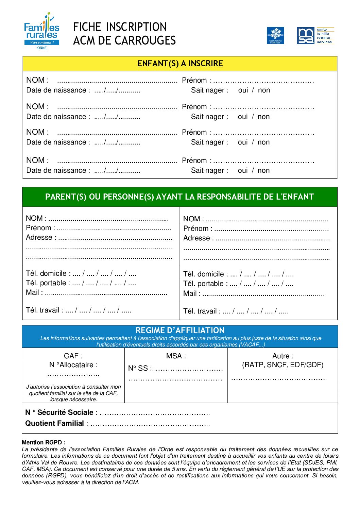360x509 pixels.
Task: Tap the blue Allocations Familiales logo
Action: click(x=275, y=36)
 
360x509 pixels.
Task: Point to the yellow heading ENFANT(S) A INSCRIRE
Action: click(x=180, y=64)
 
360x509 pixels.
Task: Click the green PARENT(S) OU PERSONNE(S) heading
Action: click(x=179, y=197)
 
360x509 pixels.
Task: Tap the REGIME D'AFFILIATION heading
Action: click(x=180, y=330)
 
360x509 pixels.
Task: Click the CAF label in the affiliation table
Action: click(x=73, y=356)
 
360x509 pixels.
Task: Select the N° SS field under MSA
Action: click(x=175, y=368)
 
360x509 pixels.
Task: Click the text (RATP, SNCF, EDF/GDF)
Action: click(x=282, y=365)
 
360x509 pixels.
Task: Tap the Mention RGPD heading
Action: click(x=43, y=442)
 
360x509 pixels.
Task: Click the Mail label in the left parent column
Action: click(x=34, y=292)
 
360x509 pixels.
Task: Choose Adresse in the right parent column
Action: click(x=198, y=238)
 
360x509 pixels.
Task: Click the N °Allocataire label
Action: click(x=73, y=365)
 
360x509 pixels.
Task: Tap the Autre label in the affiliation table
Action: click(x=283, y=356)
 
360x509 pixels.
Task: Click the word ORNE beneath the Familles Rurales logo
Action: click(x=42, y=48)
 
